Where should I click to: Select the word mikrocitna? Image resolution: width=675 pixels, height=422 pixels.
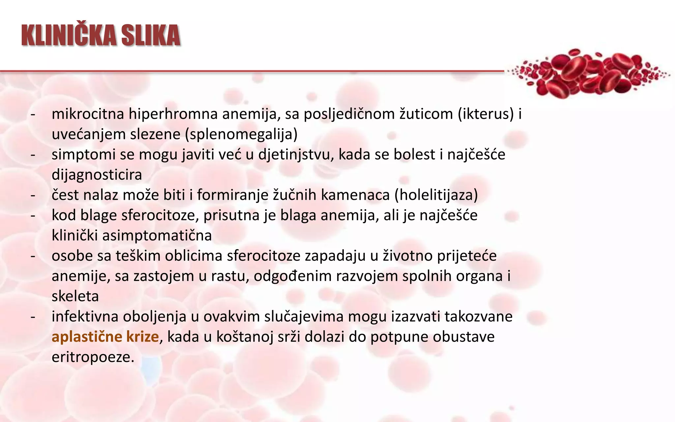pos(88,114)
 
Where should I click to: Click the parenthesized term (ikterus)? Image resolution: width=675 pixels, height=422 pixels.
pos(486,114)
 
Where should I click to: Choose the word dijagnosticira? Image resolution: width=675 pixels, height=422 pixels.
pos(97,175)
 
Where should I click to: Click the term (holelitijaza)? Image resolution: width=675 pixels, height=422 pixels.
pos(436,195)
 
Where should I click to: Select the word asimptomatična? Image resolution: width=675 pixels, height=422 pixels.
pos(157,236)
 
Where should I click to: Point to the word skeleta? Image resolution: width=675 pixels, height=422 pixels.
pos(75,296)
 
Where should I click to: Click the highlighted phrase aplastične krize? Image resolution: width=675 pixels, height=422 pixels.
pos(105,337)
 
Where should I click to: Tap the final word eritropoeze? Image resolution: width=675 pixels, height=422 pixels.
pos(93,357)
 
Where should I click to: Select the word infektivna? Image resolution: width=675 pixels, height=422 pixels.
pos(85,317)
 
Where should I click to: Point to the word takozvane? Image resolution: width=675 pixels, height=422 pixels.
pos(479,317)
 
